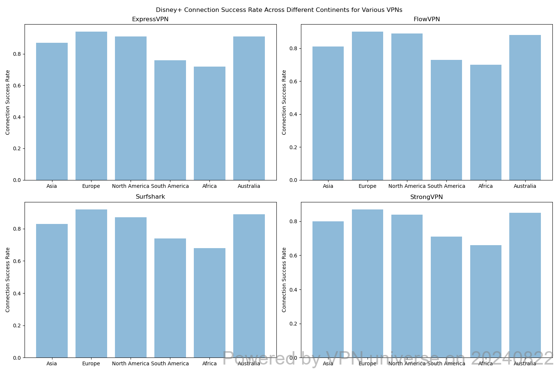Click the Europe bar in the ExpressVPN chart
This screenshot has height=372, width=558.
point(91,106)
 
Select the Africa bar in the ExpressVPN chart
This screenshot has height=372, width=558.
point(209,124)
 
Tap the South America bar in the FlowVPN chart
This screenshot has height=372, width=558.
point(446,120)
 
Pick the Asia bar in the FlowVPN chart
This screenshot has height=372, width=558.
point(328,113)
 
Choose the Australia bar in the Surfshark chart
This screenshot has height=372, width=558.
point(249,286)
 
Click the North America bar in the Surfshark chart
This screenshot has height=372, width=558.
point(131,288)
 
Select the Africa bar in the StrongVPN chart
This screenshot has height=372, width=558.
point(485,301)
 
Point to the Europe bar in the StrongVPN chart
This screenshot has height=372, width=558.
point(368,283)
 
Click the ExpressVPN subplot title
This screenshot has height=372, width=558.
point(150,19)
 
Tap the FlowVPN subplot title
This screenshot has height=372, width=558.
point(427,19)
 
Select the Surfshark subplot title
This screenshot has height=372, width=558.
point(150,196)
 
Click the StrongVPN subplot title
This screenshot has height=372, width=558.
point(426,197)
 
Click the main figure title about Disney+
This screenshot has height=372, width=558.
point(279,10)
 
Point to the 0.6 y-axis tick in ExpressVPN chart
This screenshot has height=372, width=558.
point(17,86)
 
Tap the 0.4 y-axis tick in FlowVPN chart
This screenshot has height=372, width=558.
point(294,114)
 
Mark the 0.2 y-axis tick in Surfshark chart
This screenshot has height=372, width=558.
point(17,325)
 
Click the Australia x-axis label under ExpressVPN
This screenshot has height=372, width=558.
point(249,186)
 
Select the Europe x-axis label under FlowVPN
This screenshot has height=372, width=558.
point(368,186)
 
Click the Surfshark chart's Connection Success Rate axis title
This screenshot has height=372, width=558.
point(7,280)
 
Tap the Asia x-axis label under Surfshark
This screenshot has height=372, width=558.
point(52,363)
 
